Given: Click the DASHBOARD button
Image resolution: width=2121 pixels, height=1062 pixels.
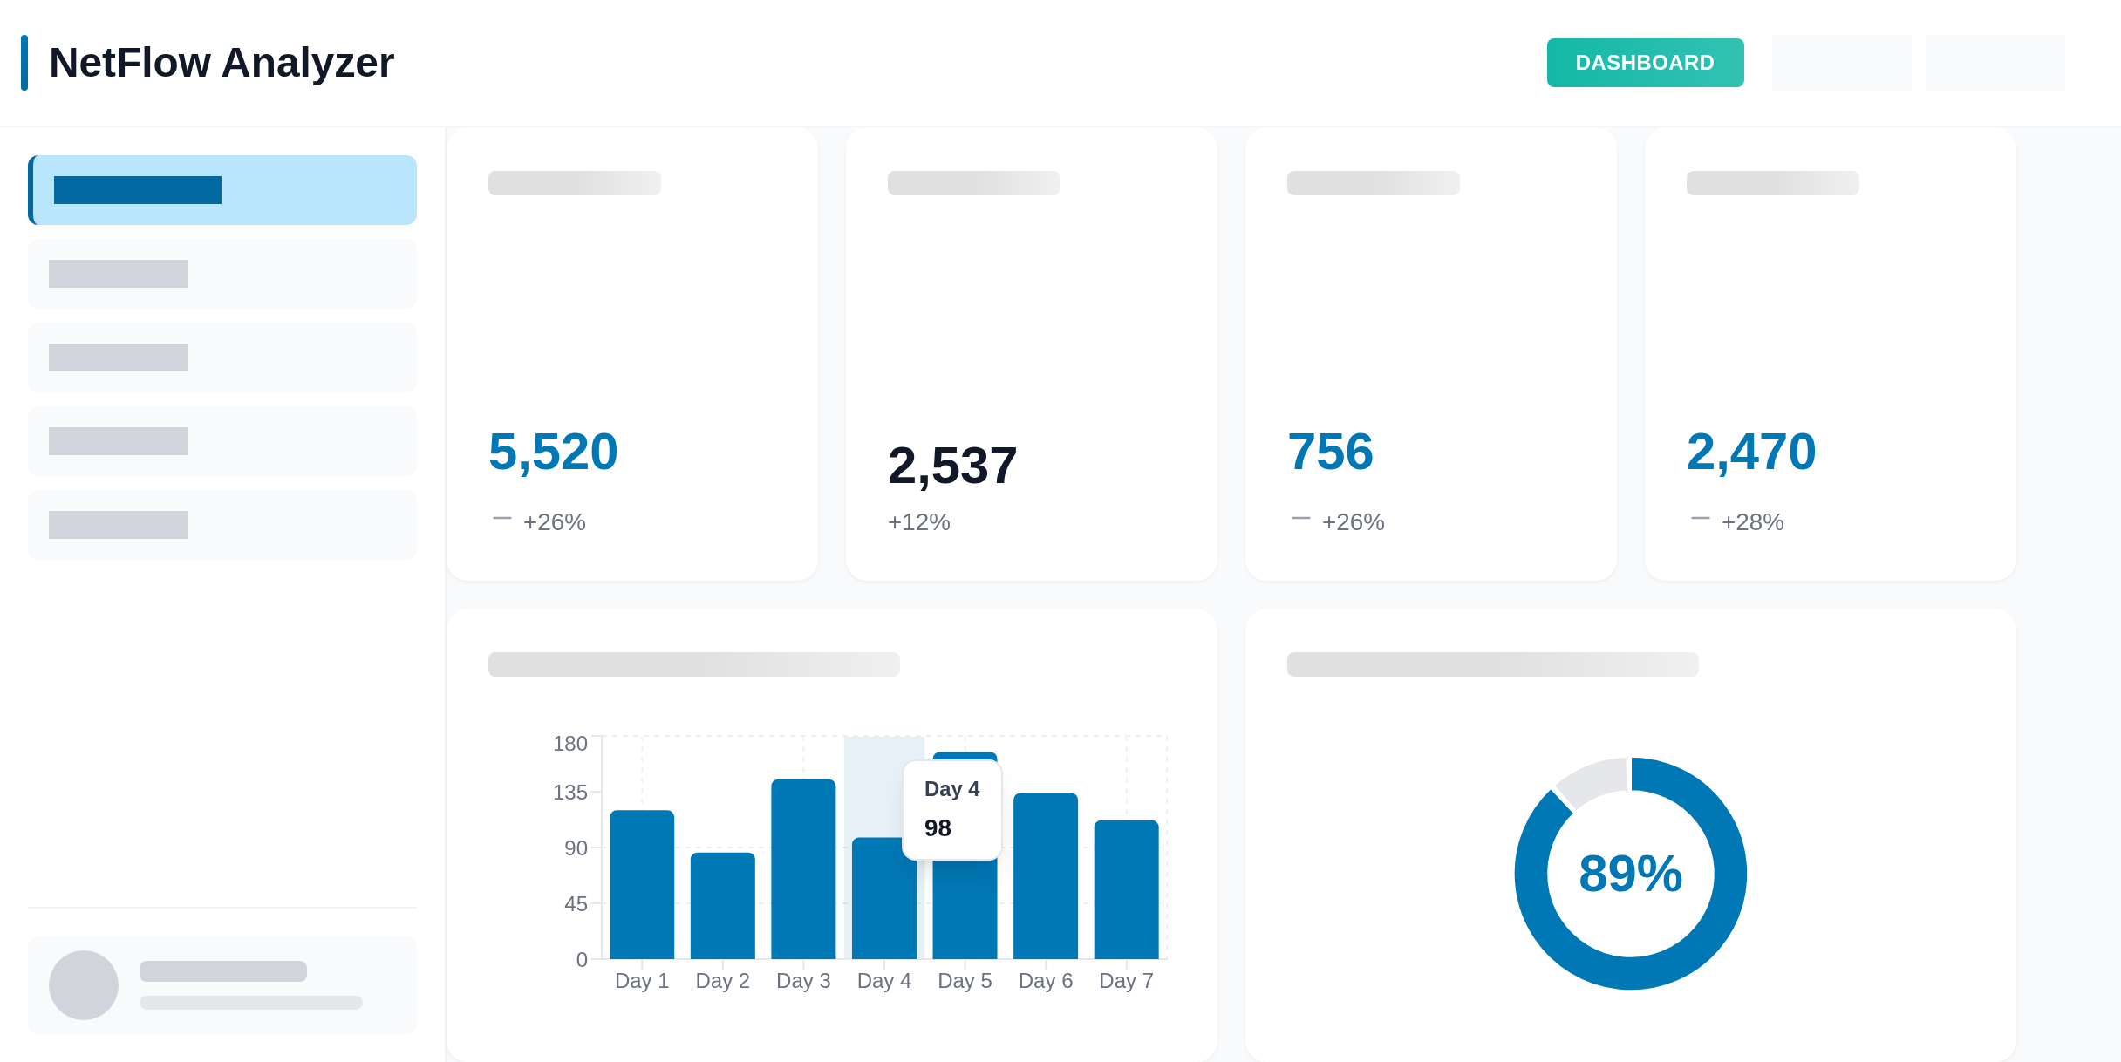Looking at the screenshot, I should [x=1645, y=63].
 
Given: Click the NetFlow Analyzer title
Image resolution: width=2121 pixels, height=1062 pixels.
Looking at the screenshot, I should [x=222, y=63].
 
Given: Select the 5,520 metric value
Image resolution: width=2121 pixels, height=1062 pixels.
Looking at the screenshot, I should [x=553, y=452].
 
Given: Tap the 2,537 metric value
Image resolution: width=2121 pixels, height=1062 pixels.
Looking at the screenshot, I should [x=952, y=466].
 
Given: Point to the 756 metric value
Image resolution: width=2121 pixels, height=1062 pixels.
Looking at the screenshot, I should [x=1330, y=452].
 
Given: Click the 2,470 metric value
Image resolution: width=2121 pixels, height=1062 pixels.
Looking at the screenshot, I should [x=1751, y=452].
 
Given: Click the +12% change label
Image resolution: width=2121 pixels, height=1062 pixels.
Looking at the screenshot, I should [x=918, y=522].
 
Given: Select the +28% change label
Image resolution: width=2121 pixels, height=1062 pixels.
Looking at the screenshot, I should [x=1752, y=522].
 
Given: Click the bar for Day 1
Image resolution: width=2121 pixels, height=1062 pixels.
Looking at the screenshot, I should [x=642, y=884].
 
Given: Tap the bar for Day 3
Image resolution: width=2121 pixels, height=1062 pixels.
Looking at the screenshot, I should [x=803, y=868].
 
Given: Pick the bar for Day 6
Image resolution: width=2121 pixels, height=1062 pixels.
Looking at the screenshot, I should [x=1045, y=875].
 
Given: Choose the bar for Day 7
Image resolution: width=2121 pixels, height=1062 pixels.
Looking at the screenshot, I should [x=1126, y=889].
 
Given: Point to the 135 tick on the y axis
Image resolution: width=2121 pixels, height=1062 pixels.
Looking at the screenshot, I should [x=570, y=793].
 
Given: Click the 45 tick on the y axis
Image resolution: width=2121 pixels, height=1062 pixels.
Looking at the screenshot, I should [x=576, y=904].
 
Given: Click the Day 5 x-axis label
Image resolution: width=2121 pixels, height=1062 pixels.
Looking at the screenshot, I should [x=965, y=981].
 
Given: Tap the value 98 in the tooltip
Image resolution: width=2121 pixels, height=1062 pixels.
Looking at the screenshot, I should [x=938, y=828].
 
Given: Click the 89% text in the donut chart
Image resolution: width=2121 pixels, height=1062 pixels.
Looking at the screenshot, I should [x=1630, y=874].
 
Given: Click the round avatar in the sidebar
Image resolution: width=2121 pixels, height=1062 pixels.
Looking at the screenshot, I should [x=84, y=985].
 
